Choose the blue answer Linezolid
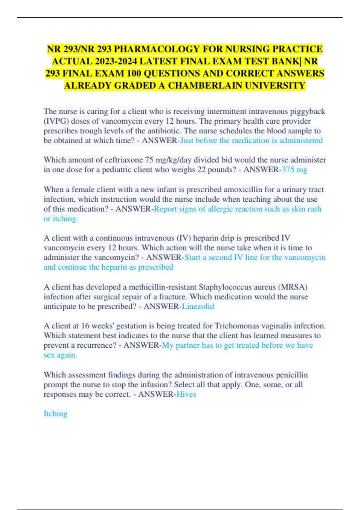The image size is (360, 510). tap(198, 306)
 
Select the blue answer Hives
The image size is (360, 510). tap(186, 394)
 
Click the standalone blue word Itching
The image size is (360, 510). tap(55, 414)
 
